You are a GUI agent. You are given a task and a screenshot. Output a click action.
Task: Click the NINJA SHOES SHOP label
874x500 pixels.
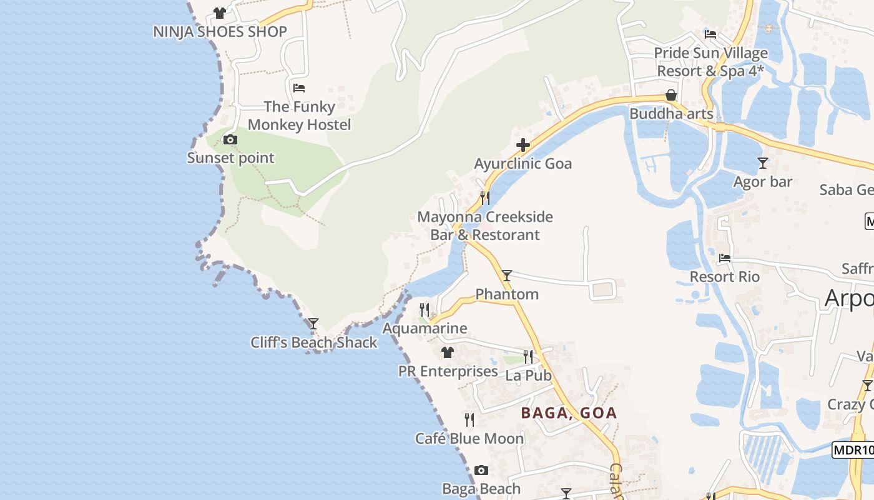[220, 32]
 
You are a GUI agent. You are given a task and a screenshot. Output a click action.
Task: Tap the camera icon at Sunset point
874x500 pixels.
[230, 139]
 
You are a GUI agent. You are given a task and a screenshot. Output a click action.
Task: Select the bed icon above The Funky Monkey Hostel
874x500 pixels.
[299, 87]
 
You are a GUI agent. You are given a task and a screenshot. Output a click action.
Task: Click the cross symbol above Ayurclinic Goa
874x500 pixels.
[523, 146]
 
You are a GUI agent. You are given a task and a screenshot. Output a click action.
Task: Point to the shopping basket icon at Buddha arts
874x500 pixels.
[671, 95]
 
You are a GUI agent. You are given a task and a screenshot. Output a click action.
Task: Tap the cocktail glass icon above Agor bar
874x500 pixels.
[762, 163]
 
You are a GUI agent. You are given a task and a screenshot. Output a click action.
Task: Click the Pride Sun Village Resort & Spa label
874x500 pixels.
[710, 62]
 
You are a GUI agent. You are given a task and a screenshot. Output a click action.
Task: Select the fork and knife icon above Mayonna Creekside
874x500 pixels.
[484, 198]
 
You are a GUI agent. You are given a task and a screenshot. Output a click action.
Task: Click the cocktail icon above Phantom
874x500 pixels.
[507, 275]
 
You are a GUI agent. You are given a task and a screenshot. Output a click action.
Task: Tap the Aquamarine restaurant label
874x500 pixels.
[425, 328]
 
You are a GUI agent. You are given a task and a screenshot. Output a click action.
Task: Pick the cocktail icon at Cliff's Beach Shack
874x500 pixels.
[313, 323]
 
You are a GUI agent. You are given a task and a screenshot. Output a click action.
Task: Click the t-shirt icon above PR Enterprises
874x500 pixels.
[447, 352]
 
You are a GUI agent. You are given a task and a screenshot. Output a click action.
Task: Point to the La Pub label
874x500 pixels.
[528, 376]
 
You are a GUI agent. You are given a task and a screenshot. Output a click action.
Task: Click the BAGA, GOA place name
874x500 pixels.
[569, 412]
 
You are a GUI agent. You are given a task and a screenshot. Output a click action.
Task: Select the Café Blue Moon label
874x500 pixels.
[469, 439]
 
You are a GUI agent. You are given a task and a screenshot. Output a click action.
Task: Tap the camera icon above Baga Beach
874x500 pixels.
[481, 470]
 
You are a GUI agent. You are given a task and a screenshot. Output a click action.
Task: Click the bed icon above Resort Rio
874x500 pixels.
[725, 257]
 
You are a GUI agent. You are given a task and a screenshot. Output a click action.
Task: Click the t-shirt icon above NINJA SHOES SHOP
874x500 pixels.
[220, 12]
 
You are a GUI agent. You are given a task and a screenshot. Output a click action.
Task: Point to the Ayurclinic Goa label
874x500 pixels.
[523, 164]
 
